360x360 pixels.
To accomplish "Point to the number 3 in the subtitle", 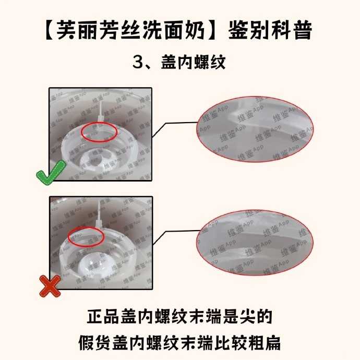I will coord(138,63).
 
